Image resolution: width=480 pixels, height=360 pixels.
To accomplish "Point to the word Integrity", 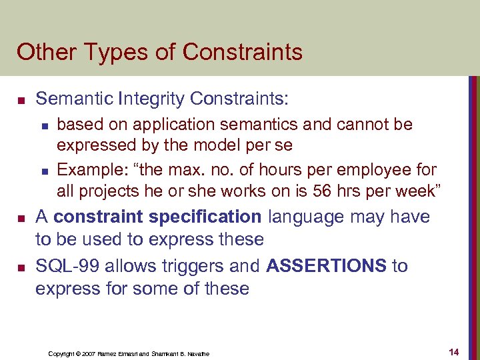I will coord(151,99).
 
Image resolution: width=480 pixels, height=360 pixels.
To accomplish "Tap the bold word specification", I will coord(206,217).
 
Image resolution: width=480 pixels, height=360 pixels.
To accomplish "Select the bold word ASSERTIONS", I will coord(325,266).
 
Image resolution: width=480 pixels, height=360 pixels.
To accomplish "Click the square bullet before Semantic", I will coord(21,101).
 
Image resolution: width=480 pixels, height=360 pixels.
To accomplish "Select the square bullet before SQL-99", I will coord(21,267).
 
